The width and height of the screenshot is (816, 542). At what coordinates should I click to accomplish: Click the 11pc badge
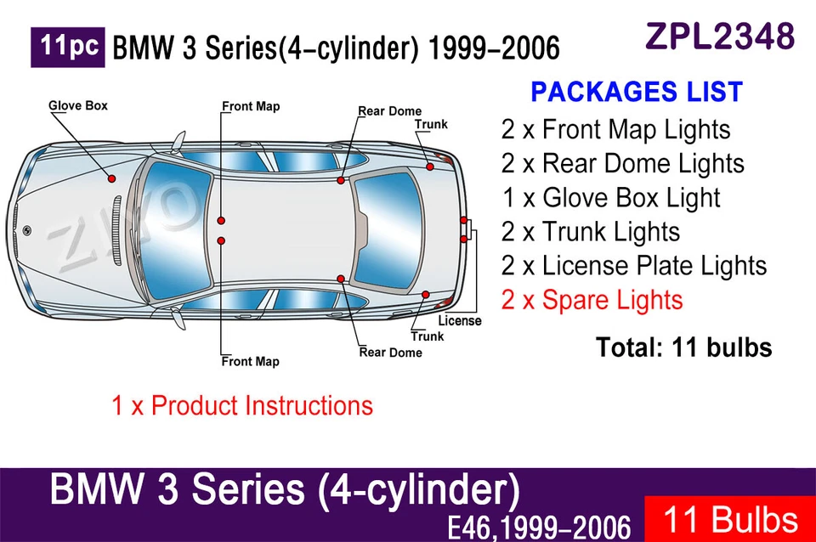pyautogui.click(x=68, y=48)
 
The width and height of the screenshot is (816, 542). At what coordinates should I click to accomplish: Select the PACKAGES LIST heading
pyautogui.click(x=636, y=92)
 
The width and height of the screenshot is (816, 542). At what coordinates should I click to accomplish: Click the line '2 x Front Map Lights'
pyautogui.click(x=615, y=130)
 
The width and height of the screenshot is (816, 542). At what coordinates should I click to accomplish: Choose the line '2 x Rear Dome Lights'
pyautogui.click(x=622, y=164)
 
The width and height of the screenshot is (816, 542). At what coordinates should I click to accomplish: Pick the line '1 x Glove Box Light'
pyautogui.click(x=610, y=198)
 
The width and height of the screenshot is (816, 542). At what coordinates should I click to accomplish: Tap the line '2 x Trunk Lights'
pyautogui.click(x=590, y=232)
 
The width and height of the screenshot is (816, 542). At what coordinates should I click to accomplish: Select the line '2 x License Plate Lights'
pyautogui.click(x=633, y=266)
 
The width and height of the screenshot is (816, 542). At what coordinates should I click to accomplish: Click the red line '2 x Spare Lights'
pyautogui.click(x=592, y=300)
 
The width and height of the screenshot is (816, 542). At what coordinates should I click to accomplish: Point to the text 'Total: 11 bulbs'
pyautogui.click(x=683, y=347)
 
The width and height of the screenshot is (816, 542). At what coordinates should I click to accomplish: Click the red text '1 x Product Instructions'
pyautogui.click(x=242, y=406)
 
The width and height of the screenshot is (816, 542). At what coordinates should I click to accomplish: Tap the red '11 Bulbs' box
pyautogui.click(x=729, y=519)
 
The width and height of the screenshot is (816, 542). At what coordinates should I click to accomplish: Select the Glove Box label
pyautogui.click(x=78, y=106)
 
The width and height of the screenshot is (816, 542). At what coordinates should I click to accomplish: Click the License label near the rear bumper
pyautogui.click(x=459, y=321)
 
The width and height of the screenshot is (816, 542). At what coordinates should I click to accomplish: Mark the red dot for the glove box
pyautogui.click(x=112, y=178)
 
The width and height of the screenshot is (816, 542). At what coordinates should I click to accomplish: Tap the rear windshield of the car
pyautogui.click(x=387, y=229)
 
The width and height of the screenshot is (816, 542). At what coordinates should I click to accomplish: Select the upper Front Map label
pyautogui.click(x=251, y=107)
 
